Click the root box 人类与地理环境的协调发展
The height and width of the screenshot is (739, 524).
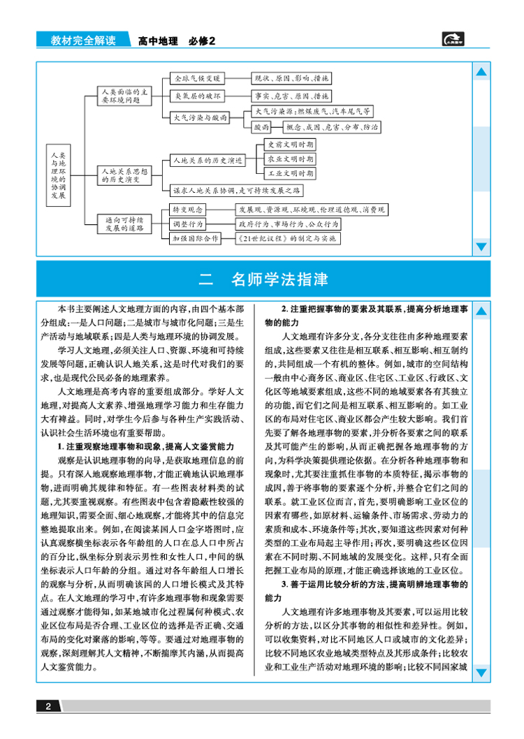click(60, 173)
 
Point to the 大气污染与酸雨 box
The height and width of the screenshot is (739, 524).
click(201, 118)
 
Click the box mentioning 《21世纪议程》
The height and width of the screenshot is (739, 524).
click(287, 238)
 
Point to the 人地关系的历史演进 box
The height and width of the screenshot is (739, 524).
click(205, 160)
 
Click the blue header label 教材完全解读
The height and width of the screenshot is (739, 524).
click(83, 41)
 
